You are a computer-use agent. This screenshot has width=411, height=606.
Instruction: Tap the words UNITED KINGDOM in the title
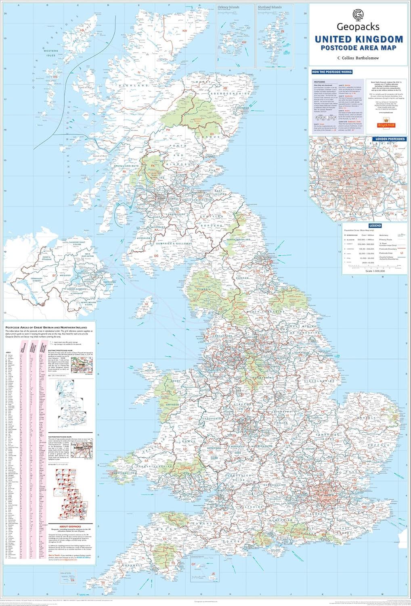pyautogui.click(x=359, y=39)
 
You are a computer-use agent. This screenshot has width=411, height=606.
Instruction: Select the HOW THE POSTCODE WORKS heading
pyautogui.click(x=332, y=72)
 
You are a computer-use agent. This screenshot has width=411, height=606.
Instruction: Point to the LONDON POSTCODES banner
pyautogui.click(x=390, y=139)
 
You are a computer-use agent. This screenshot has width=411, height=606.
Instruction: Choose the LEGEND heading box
pyautogui.click(x=375, y=226)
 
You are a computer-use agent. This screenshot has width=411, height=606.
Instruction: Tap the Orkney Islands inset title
pyautogui.click(x=228, y=7)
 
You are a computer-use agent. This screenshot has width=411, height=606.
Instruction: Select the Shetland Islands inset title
pyautogui.click(x=270, y=7)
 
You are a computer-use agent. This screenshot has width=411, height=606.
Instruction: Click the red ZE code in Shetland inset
pyautogui.click(x=283, y=31)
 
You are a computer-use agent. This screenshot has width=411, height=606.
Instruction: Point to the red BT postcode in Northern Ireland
pyautogui.click(x=53, y=275)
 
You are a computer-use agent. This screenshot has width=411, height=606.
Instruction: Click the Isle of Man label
pyautogui.click(x=145, y=307)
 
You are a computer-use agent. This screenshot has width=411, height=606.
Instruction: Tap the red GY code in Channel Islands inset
pyautogui.click(x=193, y=564)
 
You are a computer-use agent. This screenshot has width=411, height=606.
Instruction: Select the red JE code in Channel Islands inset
pyautogui.click(x=213, y=574)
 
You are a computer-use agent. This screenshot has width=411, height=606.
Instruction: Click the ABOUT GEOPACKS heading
pyautogui.click(x=69, y=527)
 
